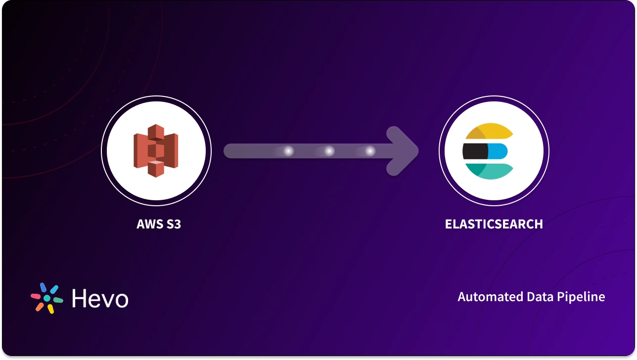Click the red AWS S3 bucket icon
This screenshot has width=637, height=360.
pyautogui.click(x=156, y=150)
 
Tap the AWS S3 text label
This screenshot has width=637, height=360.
pyautogui.click(x=159, y=224)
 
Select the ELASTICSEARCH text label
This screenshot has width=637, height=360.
pyautogui.click(x=494, y=224)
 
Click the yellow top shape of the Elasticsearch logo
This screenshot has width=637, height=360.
pyautogui.click(x=490, y=131)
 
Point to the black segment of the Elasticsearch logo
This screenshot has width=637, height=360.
pyautogui.click(x=474, y=151)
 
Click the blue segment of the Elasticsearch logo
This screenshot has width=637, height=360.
pyautogui.click(x=497, y=151)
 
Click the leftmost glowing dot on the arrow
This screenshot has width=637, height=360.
pyautogui.click(x=288, y=151)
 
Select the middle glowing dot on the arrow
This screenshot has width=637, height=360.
pyautogui.click(x=329, y=151)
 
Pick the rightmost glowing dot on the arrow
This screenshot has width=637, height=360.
pyautogui.click(x=370, y=151)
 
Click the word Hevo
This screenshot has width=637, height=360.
pyautogui.click(x=100, y=299)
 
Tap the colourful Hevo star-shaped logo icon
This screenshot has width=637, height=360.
pyautogui.click(x=47, y=298)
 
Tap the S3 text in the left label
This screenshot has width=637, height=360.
pyautogui.click(x=173, y=224)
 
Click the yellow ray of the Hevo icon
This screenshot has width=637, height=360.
pyautogui.click(x=50, y=309)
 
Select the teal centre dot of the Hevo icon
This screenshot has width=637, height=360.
pyautogui.click(x=47, y=298)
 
